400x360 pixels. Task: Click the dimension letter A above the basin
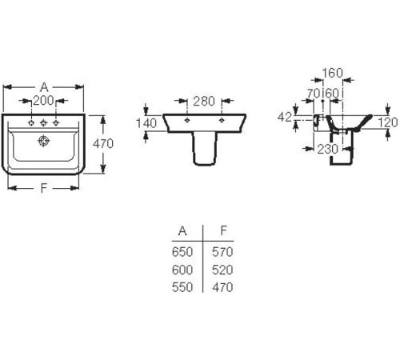coord(44,87)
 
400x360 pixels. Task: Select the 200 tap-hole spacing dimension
coord(43,101)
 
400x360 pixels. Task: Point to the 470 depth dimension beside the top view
coord(103,144)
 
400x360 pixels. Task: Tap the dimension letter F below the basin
coord(43,188)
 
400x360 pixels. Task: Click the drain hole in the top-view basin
coord(43,141)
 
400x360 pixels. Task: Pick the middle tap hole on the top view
coord(43,123)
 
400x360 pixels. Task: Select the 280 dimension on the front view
coord(204,102)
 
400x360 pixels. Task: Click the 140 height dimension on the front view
coord(146,123)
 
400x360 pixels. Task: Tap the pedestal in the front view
coord(205,149)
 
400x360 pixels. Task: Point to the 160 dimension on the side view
coord(332,73)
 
